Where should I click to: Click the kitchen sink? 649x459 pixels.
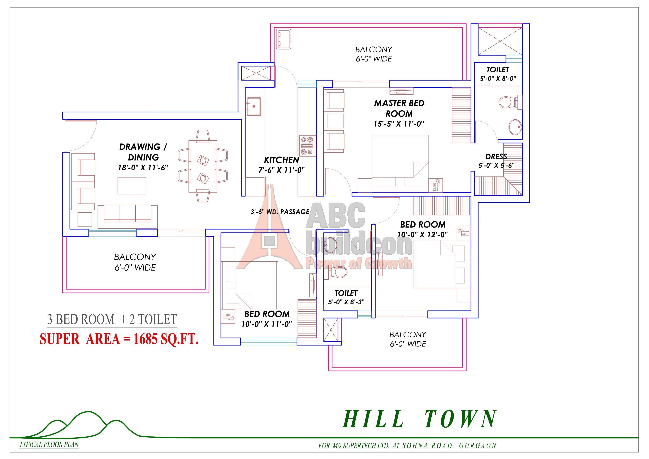click(x=254, y=106)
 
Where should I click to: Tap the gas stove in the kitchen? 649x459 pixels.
click(x=307, y=146)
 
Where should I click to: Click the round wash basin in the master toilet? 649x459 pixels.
click(x=515, y=127)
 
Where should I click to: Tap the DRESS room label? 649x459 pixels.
click(x=496, y=156)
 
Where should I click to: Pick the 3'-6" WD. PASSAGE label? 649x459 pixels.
click(x=280, y=212)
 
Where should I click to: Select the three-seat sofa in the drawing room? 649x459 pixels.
click(x=127, y=216)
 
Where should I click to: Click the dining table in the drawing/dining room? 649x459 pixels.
click(x=203, y=166)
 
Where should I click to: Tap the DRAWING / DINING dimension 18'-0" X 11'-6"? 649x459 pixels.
click(x=143, y=168)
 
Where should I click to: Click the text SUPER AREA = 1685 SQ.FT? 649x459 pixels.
click(x=119, y=339)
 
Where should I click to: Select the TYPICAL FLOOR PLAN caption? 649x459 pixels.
click(x=49, y=444)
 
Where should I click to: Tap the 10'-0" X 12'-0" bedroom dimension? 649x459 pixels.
click(x=423, y=234)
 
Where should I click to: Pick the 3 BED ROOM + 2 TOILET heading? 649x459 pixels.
click(x=112, y=319)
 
